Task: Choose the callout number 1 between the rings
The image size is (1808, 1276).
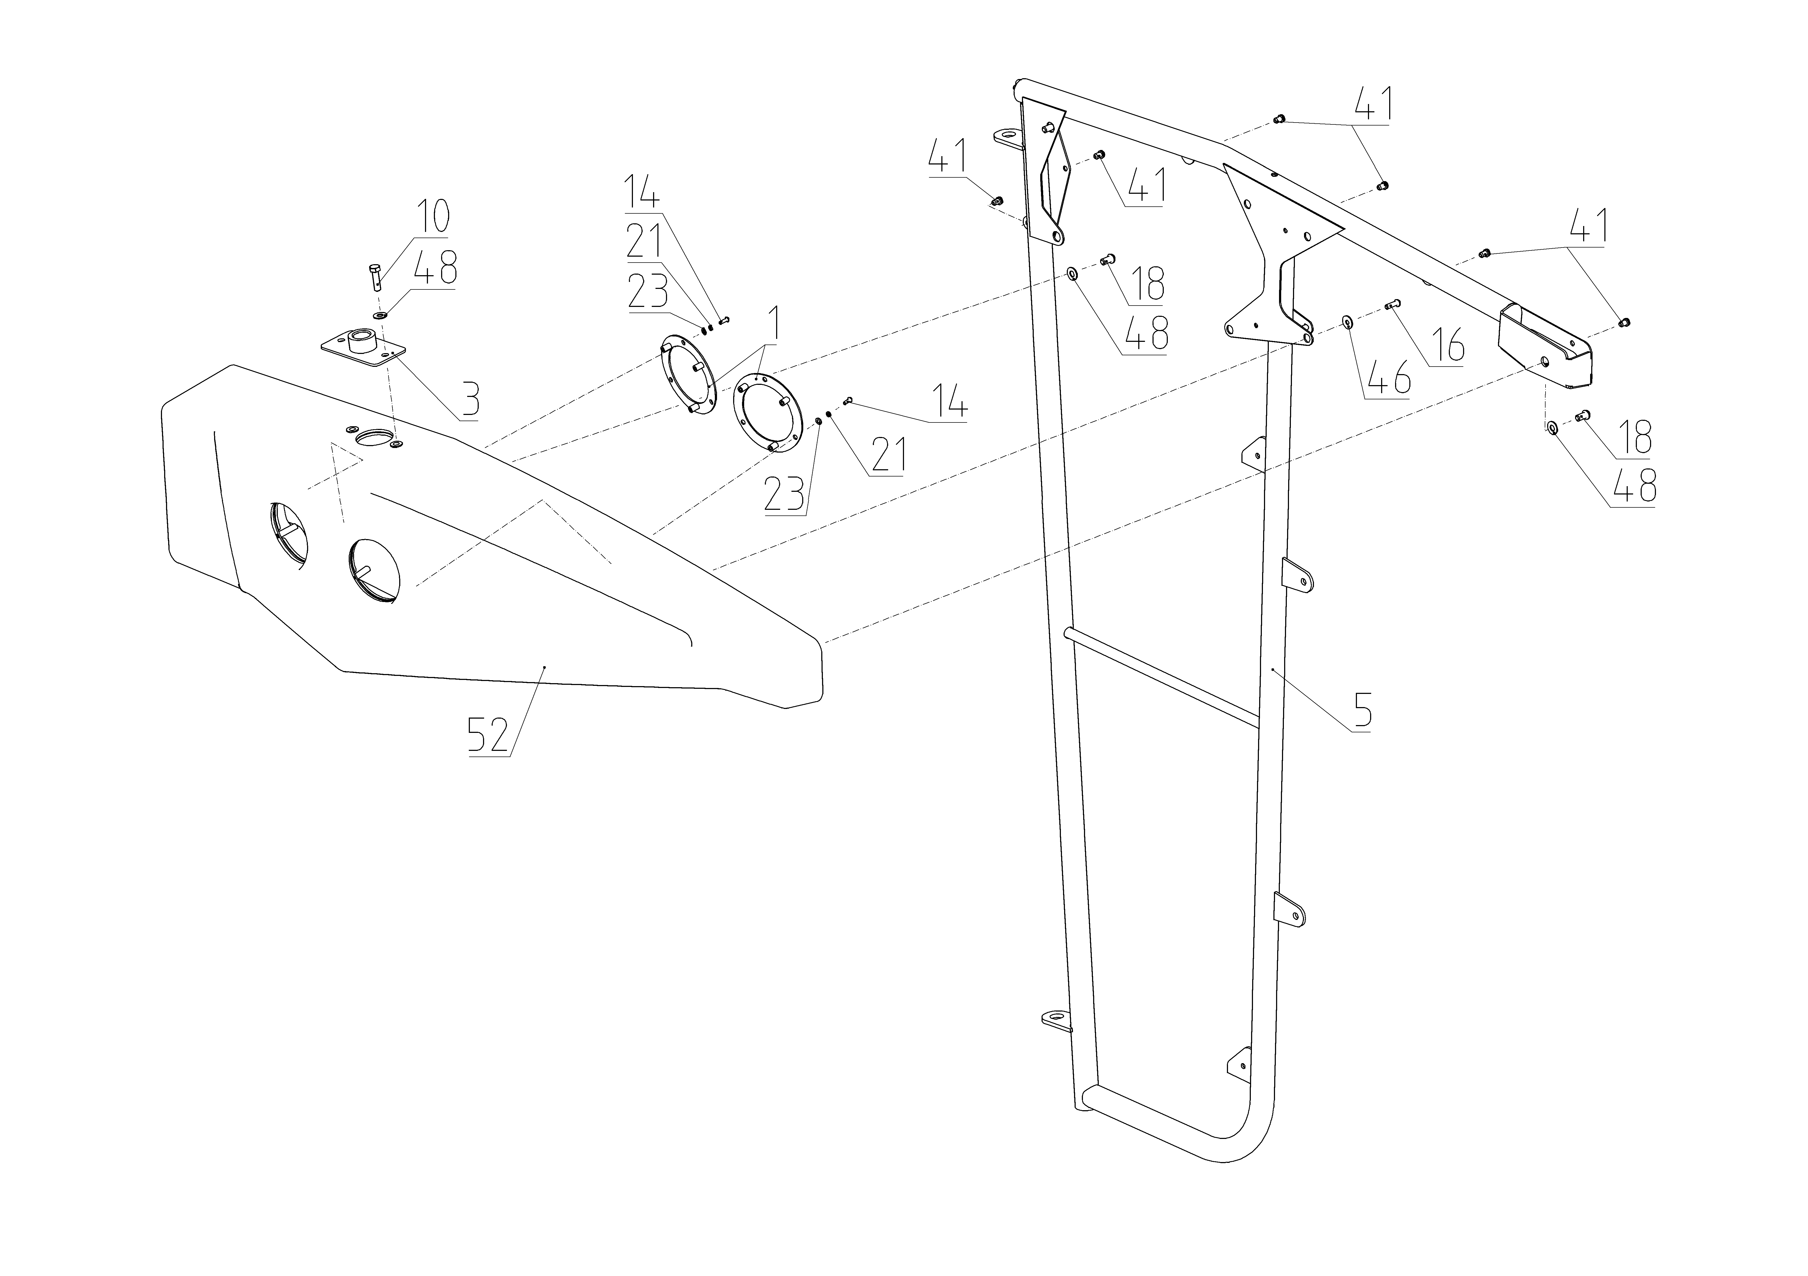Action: tap(773, 323)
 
